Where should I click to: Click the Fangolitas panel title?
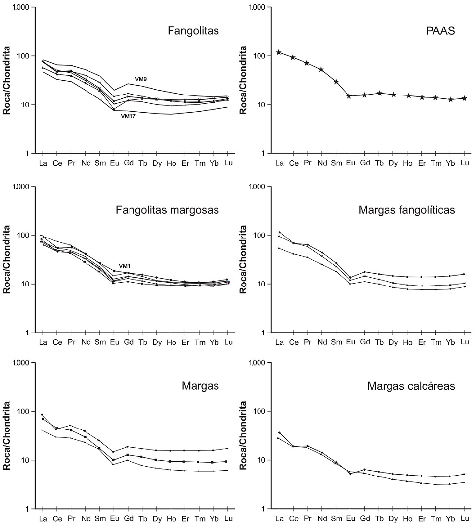(193, 32)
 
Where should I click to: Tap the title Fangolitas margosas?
(167, 210)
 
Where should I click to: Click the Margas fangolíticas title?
(407, 210)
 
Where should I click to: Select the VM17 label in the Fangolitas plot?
(129, 116)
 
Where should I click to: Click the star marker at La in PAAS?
(279, 52)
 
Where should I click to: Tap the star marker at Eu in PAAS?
(349, 96)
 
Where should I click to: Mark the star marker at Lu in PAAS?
(464, 98)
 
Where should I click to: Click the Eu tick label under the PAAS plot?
(349, 163)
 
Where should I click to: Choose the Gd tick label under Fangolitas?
(129, 163)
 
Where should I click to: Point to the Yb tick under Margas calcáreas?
(450, 518)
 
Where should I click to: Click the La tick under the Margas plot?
(43, 518)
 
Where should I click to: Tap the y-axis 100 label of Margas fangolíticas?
(263, 235)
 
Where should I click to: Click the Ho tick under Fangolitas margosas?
(171, 342)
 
